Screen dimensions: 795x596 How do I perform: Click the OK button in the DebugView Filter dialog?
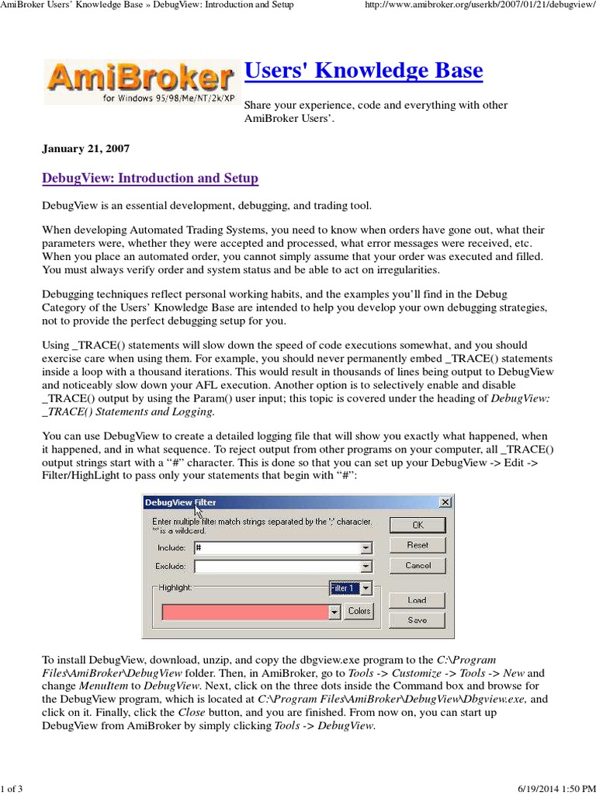click(x=418, y=525)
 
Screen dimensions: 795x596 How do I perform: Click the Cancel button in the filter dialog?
click(x=418, y=565)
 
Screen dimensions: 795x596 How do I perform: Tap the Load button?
click(x=418, y=600)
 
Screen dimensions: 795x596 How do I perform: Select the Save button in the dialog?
click(x=418, y=620)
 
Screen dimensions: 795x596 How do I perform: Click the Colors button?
click(x=359, y=611)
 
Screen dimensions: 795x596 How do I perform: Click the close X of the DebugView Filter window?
click(x=445, y=502)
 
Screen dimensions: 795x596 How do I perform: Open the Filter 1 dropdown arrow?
click(x=366, y=588)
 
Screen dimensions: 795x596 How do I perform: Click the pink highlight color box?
click(x=244, y=612)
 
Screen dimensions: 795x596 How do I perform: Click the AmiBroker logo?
click(x=139, y=82)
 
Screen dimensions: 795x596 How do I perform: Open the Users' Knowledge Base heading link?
click(x=363, y=71)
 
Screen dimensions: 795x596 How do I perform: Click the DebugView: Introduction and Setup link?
click(x=150, y=179)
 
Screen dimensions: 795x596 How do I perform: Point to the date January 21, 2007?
click(x=85, y=148)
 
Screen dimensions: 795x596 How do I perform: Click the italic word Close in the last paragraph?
click(x=192, y=712)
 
